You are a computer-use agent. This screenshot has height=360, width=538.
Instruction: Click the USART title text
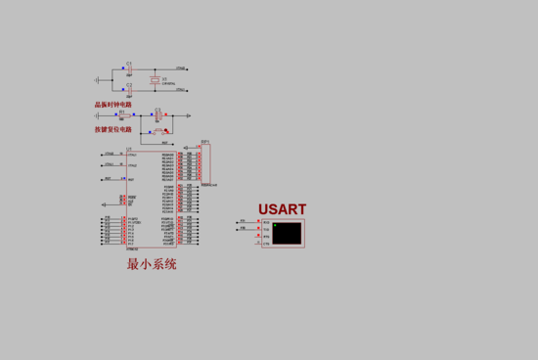pyautogui.click(x=282, y=209)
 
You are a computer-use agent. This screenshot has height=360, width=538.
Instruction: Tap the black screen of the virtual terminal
pyautogui.click(x=289, y=233)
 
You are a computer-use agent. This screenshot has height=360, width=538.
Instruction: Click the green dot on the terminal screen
pyautogui.click(x=276, y=226)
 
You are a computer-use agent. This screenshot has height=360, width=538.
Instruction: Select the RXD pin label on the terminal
pyautogui.click(x=266, y=223)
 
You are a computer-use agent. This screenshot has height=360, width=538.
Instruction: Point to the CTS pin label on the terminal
pyautogui.click(x=266, y=243)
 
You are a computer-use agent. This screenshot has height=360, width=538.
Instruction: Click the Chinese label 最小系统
pyautogui.click(x=152, y=264)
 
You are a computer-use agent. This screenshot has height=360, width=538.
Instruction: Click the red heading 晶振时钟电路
pyautogui.click(x=113, y=105)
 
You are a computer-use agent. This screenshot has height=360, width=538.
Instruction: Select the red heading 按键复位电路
pyautogui.click(x=113, y=129)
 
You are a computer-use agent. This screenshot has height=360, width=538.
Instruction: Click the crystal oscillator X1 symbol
pyautogui.click(x=154, y=78)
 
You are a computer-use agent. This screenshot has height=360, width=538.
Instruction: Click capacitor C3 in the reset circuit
pyautogui.click(x=158, y=114)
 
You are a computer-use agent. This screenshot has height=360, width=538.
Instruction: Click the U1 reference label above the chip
pyautogui.click(x=128, y=149)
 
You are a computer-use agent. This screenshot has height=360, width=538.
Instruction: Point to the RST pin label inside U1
pyautogui.click(x=131, y=179)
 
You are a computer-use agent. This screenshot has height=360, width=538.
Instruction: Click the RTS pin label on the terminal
pyautogui.click(x=266, y=236)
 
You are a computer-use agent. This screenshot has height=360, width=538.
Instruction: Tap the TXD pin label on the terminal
pyautogui.click(x=266, y=230)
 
